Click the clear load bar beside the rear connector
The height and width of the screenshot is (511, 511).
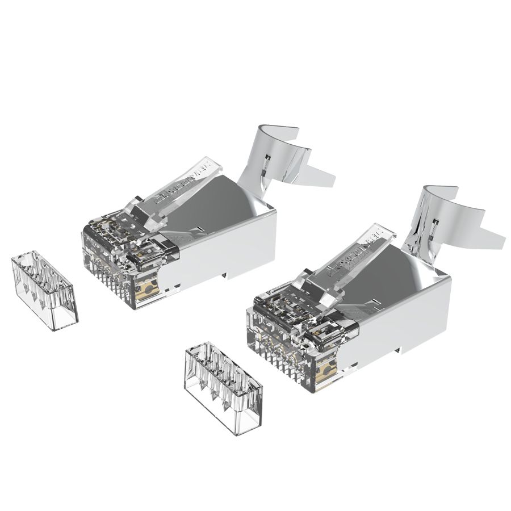pos(44,291)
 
